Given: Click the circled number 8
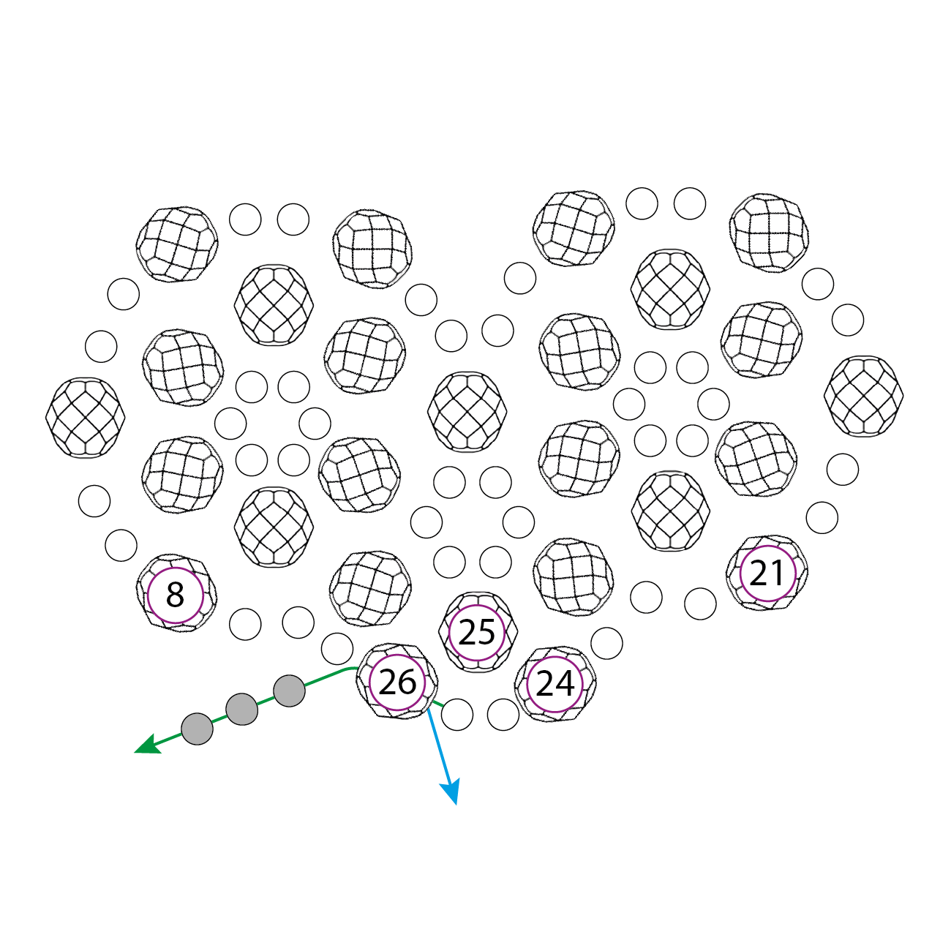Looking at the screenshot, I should (176, 595).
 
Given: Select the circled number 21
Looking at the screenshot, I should (767, 574).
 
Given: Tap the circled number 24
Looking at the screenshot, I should (555, 685).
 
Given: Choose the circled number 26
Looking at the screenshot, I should (397, 683).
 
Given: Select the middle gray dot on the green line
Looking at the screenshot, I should (242, 709).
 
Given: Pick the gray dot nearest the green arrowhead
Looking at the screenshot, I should (197, 729).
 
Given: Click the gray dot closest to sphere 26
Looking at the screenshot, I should (289, 691).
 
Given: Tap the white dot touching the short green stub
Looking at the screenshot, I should (457, 715).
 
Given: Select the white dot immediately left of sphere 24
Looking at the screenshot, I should (503, 715).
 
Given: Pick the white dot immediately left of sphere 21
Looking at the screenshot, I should (700, 604).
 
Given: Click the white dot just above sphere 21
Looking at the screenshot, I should (822, 518).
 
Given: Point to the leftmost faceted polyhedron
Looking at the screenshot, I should (86, 418).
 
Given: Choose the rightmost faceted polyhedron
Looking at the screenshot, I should (863, 396).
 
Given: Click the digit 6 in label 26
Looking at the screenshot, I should (407, 683).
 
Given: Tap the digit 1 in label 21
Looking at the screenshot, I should (777, 574).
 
